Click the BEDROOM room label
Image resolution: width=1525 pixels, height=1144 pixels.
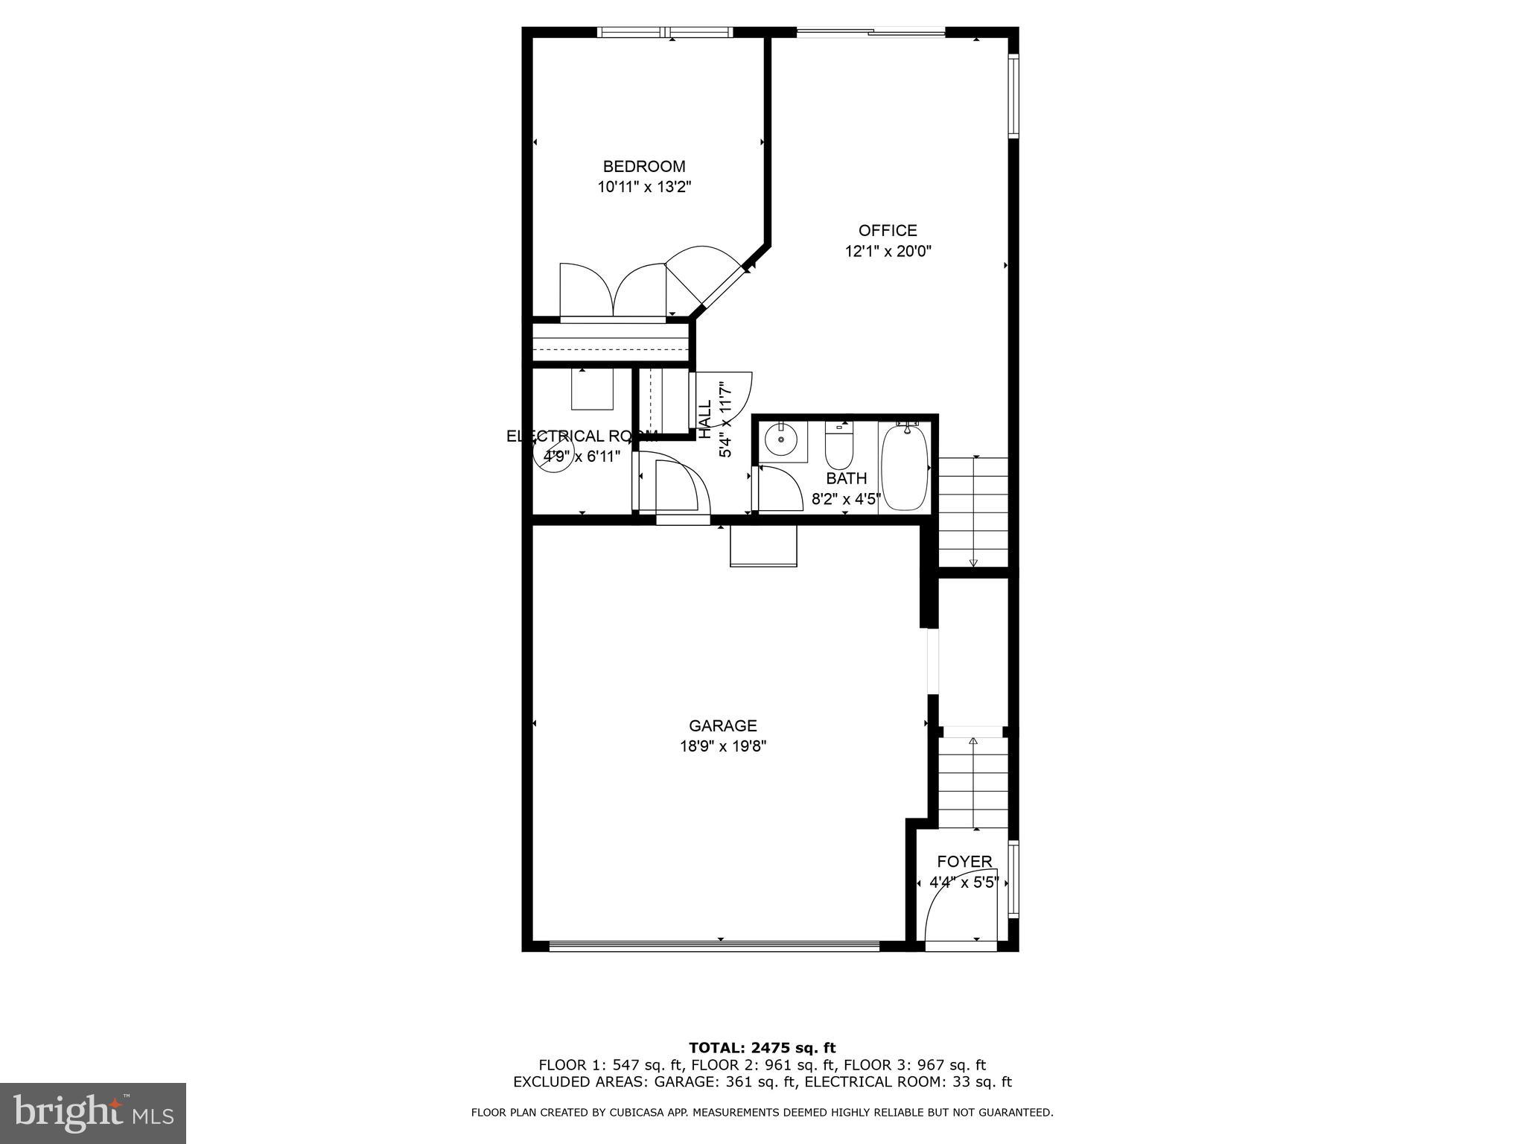tap(643, 167)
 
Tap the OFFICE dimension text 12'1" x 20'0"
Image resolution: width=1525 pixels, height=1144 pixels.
tap(888, 252)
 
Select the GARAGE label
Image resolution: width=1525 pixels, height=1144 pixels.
tap(722, 725)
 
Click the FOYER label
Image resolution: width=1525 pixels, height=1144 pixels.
tap(964, 862)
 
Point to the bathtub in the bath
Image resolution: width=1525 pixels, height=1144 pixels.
tap(905, 467)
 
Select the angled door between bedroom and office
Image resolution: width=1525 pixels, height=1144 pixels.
tap(707, 279)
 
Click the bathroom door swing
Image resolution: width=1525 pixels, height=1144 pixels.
tap(778, 488)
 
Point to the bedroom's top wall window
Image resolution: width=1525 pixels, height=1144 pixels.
tap(666, 32)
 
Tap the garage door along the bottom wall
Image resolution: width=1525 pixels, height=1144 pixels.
tap(713, 947)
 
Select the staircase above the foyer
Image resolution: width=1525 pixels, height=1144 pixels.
tap(972, 782)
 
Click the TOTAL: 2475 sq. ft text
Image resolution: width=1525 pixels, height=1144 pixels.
tap(762, 1048)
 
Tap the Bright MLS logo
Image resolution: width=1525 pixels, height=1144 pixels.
tap(93, 1113)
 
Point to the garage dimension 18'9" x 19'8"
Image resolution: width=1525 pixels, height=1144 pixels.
tap(722, 746)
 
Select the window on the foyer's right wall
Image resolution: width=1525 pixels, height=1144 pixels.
tap(1013, 879)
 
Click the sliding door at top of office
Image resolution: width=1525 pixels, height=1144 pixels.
tap(870, 32)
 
